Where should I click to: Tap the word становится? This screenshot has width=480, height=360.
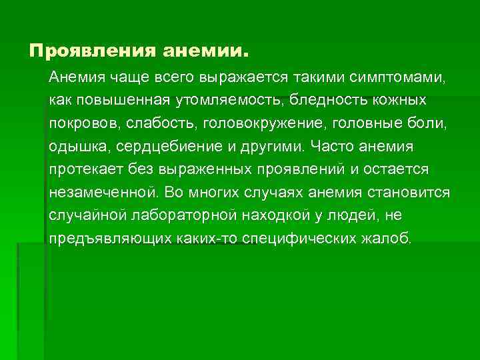point(414,193)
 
